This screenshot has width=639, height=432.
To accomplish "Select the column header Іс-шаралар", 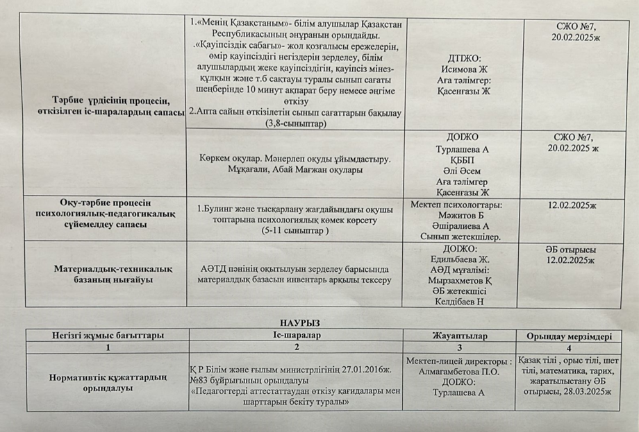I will [x=296, y=336].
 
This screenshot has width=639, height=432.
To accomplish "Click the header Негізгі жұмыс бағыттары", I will [x=107, y=336].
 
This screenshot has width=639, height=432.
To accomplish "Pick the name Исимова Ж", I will [x=464, y=70].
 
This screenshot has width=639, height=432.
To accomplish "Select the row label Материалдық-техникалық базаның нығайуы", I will [x=106, y=274].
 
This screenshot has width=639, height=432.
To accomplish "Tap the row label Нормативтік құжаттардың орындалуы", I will [x=106, y=383].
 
